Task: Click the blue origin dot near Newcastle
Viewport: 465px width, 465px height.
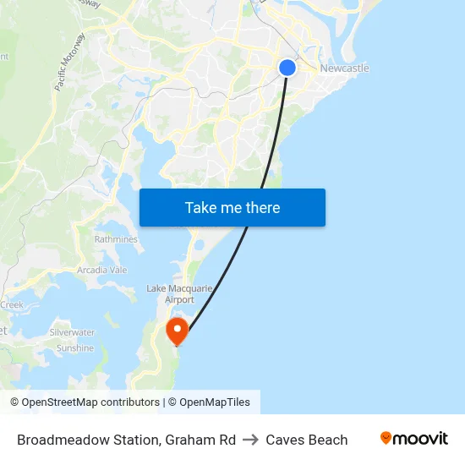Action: click(287, 68)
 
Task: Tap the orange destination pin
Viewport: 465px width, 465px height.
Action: click(177, 329)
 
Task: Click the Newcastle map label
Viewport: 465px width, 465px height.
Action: click(344, 68)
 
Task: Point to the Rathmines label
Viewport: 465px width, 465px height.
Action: click(116, 239)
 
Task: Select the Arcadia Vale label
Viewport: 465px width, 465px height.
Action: click(101, 270)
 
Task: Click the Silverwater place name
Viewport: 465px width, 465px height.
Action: click(72, 333)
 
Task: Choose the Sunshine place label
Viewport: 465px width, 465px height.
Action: click(75, 348)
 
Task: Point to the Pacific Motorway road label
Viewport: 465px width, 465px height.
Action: click(69, 62)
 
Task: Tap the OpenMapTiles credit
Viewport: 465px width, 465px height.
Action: click(214, 402)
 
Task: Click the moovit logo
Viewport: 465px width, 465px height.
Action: click(413, 439)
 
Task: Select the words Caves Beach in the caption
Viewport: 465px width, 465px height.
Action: click(307, 440)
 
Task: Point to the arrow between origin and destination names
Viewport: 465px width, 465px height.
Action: click(251, 440)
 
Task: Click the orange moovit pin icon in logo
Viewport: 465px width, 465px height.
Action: click(386, 438)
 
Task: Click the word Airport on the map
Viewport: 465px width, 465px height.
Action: click(180, 300)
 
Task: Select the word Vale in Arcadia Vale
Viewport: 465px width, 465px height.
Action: click(117, 270)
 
